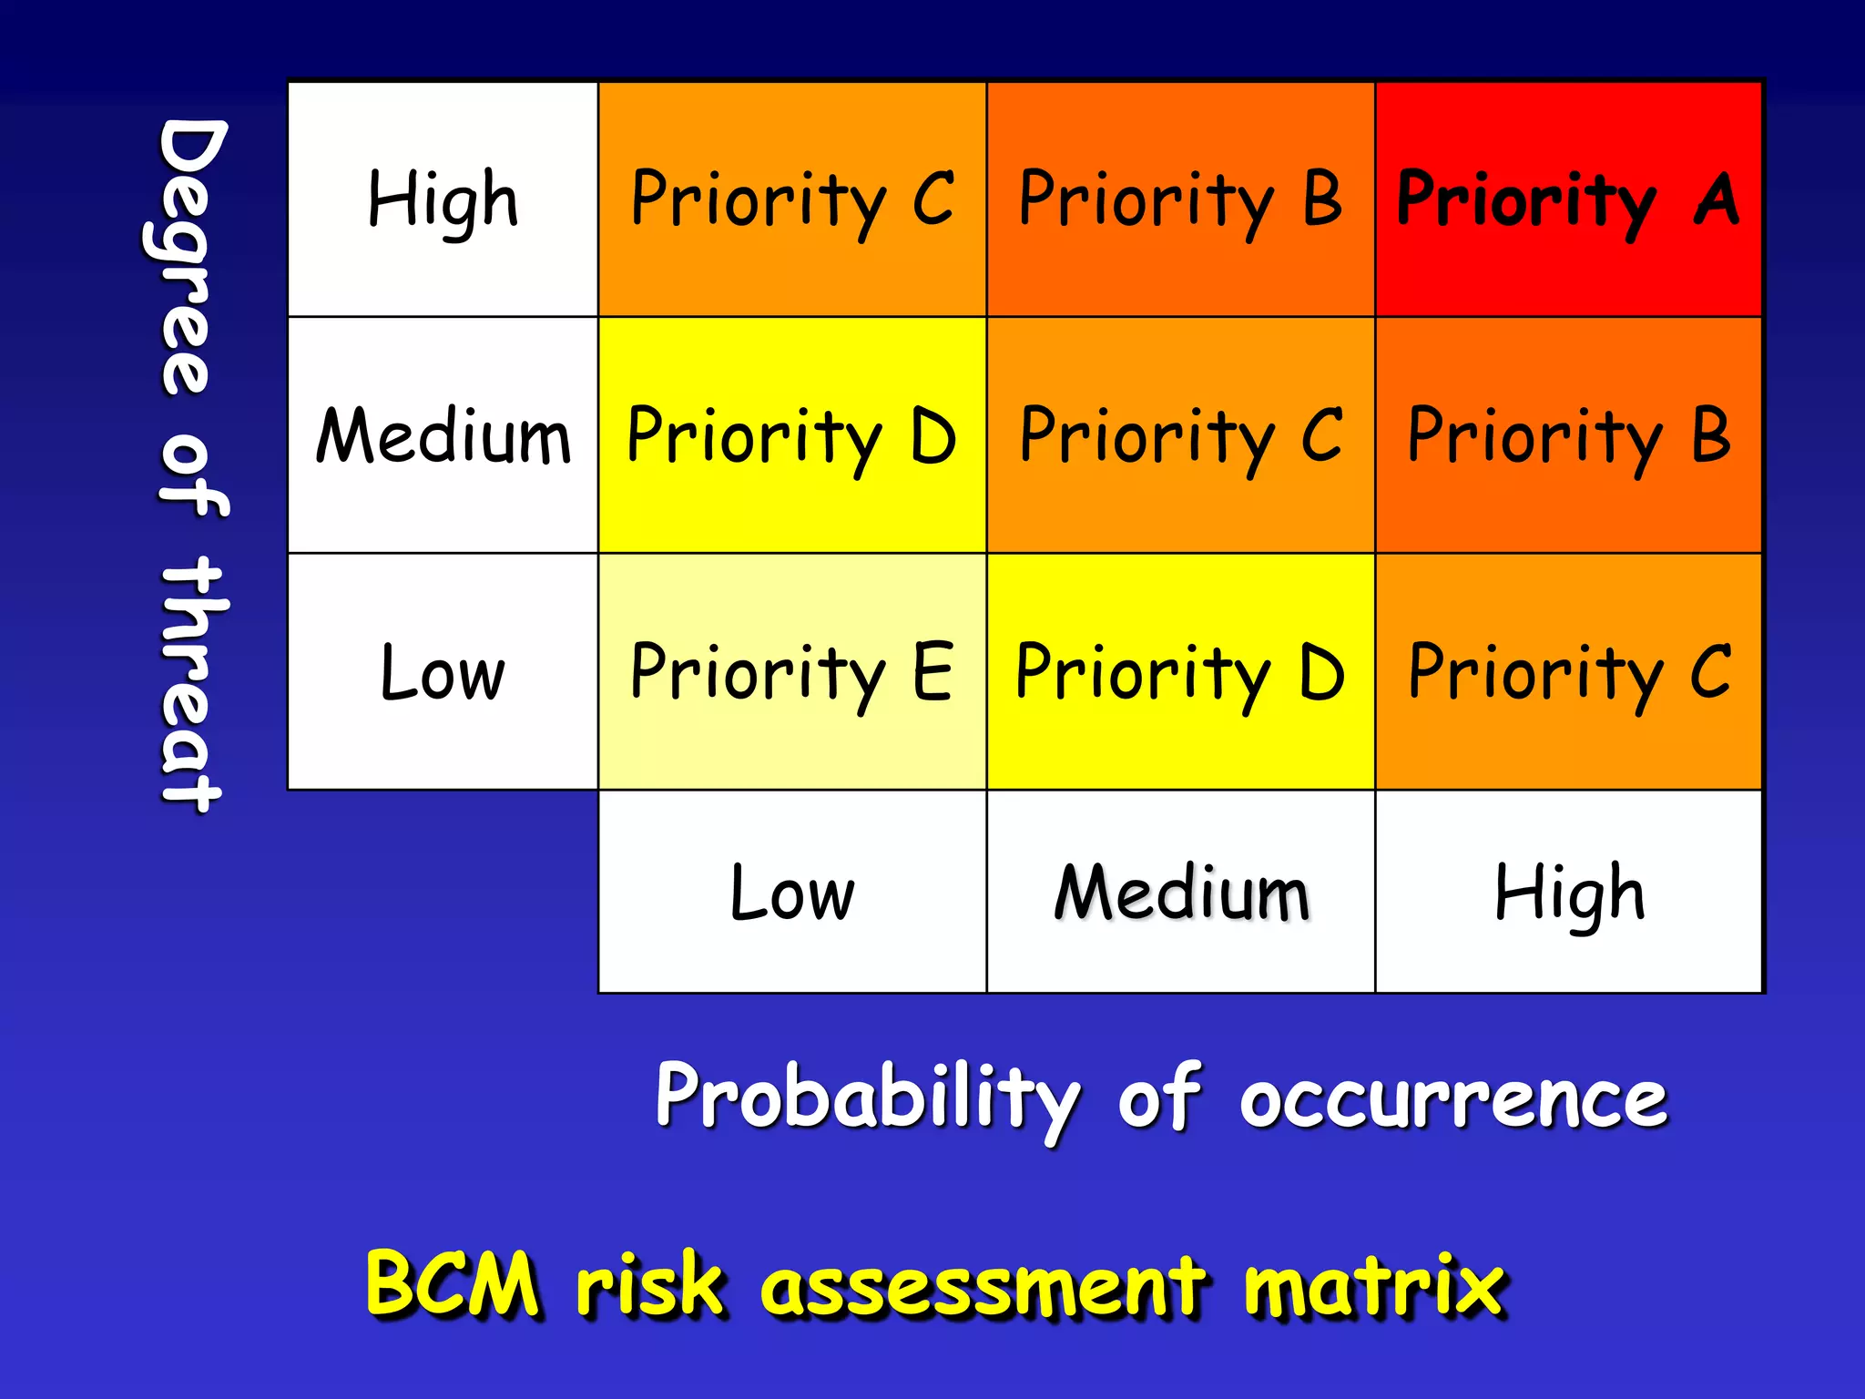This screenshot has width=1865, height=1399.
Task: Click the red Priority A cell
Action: [x=1568, y=199]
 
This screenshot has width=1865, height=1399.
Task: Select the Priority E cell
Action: [x=791, y=672]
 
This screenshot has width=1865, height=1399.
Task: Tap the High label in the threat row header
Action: [x=443, y=199]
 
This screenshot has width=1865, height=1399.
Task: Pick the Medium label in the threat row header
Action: [x=443, y=436]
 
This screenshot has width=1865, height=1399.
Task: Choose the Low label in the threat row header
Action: [x=443, y=672]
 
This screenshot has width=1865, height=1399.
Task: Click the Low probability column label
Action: [x=791, y=893]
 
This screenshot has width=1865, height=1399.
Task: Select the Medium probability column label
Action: [x=1181, y=893]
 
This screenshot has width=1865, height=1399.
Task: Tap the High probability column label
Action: [x=1569, y=893]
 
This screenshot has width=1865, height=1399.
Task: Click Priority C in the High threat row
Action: [x=791, y=199]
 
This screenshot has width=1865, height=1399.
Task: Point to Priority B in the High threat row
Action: [x=1180, y=199]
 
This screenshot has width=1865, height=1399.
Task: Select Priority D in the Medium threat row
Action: [x=791, y=436]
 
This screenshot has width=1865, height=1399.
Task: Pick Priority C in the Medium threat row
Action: [x=1180, y=436]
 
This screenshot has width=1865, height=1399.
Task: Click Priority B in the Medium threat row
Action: [x=1568, y=436]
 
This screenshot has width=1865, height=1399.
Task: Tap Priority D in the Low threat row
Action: [x=1180, y=672]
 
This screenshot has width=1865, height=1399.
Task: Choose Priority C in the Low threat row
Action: [x=1568, y=672]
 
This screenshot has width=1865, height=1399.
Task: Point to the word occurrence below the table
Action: [x=1453, y=1098]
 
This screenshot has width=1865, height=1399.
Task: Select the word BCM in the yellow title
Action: [x=453, y=1283]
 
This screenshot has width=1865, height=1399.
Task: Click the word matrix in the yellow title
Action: [x=1374, y=1283]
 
